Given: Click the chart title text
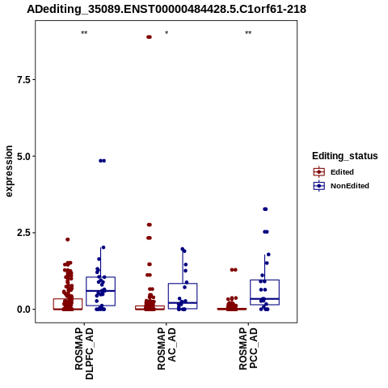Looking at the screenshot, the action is click(167, 9).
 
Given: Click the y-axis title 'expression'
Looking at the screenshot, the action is click(9, 171).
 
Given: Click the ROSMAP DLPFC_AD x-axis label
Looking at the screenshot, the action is click(84, 353).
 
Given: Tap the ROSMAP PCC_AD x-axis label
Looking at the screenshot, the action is click(248, 348).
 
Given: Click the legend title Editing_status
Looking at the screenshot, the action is click(345, 156).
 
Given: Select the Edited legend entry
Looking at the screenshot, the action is click(334, 172).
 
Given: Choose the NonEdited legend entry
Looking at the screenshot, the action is click(341, 186).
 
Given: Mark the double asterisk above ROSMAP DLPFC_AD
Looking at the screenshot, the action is click(84, 33).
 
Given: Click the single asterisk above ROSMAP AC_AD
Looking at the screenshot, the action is click(167, 33).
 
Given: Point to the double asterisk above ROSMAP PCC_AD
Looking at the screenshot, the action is click(248, 33).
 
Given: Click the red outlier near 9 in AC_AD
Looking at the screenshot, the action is click(149, 37).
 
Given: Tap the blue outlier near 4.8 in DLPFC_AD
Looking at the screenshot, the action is click(103, 161).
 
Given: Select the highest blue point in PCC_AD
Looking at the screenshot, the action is click(265, 209).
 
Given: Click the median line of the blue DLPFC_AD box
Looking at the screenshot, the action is click(101, 291).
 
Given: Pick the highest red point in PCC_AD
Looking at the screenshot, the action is click(234, 270).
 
